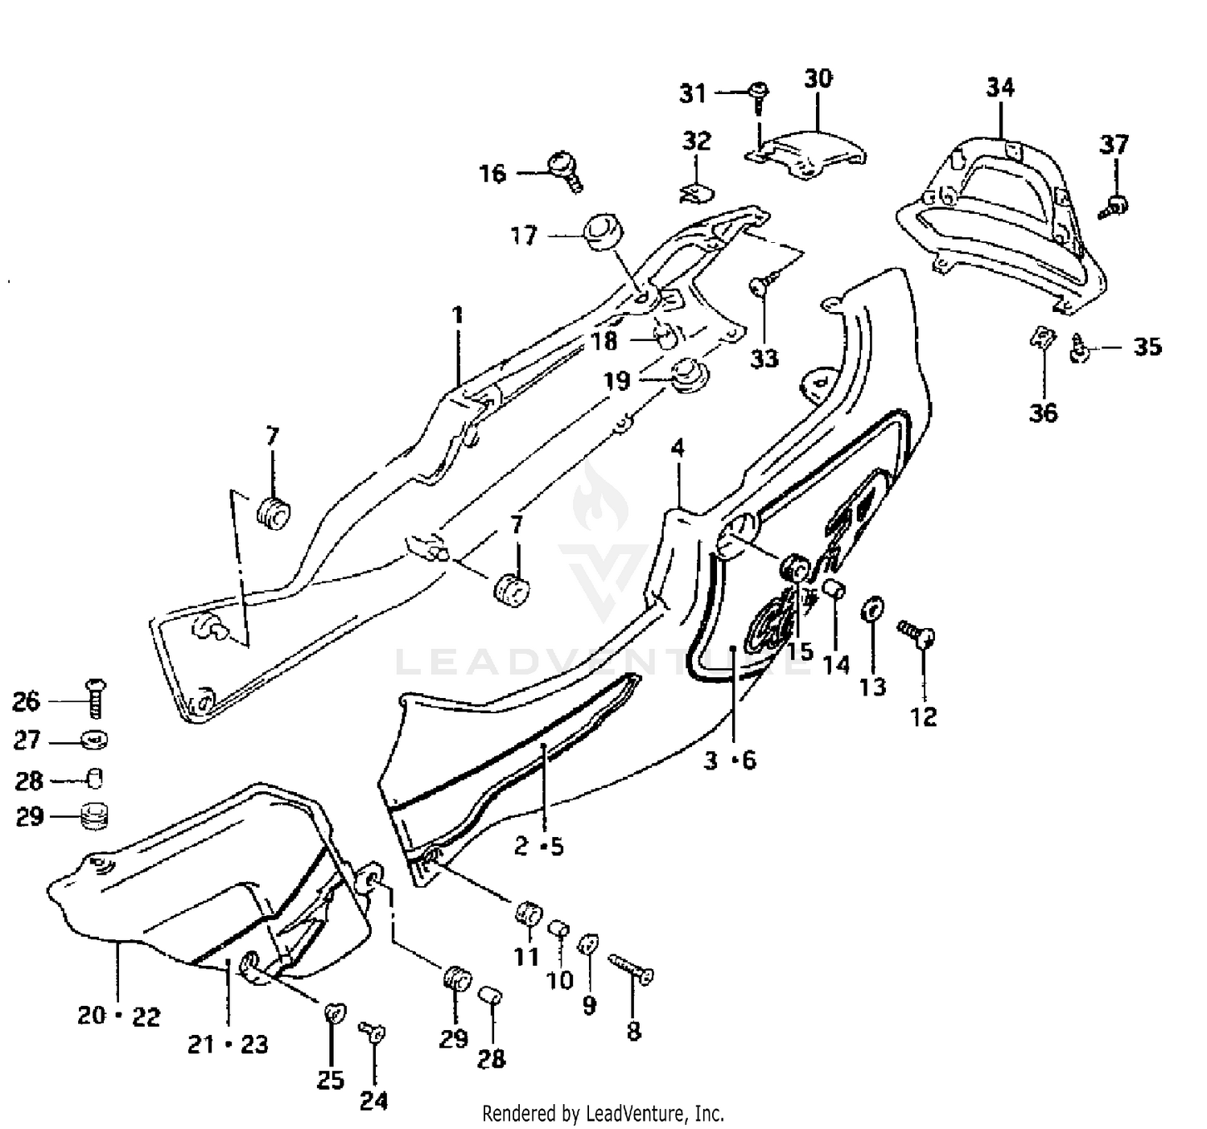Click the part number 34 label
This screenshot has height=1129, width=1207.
click(1000, 87)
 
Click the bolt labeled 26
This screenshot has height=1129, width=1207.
click(95, 697)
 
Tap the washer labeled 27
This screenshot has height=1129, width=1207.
click(95, 739)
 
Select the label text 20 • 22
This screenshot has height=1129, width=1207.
click(119, 1016)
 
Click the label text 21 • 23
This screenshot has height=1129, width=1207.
click(228, 1045)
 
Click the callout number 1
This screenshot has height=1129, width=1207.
click(458, 314)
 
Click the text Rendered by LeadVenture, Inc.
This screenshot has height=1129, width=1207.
click(603, 1114)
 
